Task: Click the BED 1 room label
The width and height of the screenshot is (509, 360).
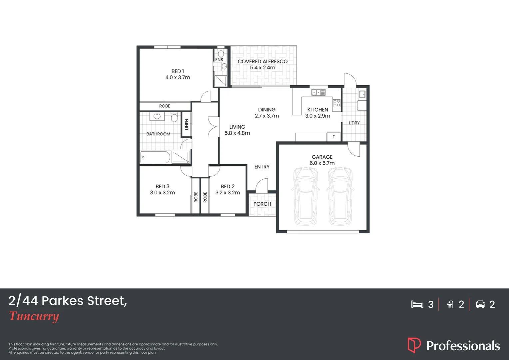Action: (178, 71)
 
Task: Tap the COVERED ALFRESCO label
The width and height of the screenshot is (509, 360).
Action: (262, 61)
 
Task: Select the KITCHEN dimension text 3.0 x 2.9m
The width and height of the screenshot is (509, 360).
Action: (317, 116)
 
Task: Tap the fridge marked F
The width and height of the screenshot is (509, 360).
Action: (333, 137)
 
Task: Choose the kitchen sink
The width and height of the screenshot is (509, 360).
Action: (318, 92)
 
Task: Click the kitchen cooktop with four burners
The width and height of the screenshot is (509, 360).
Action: (337, 103)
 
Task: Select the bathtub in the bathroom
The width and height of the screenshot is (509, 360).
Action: (155, 157)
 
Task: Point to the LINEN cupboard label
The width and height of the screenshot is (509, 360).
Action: (187, 124)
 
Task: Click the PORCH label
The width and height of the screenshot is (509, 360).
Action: (262, 204)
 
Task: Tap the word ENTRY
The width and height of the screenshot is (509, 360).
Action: (262, 167)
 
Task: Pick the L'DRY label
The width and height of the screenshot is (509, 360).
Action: (354, 123)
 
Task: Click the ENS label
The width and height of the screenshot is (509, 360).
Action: (219, 60)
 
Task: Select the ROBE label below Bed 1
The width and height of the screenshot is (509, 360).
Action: (165, 106)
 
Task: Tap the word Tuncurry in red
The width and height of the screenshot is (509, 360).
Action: (34, 316)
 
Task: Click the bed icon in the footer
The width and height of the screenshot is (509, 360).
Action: (417, 304)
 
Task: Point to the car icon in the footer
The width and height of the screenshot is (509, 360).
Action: (480, 304)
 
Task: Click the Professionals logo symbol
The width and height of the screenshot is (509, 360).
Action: (414, 345)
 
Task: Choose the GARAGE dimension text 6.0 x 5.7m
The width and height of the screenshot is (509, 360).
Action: (322, 163)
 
